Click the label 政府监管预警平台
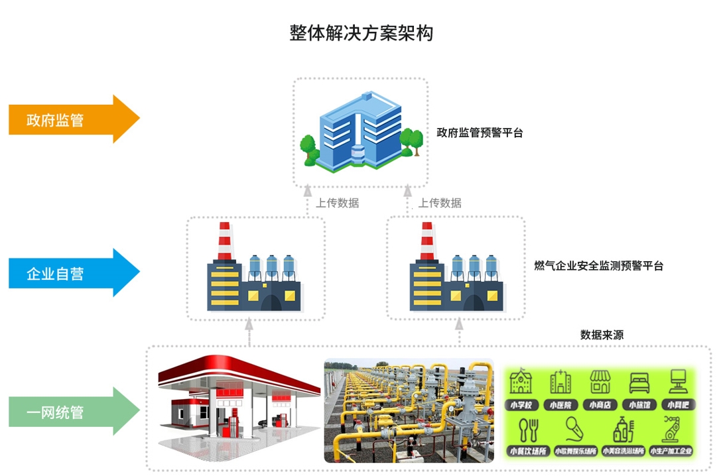click(x=480, y=133)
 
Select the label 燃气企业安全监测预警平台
click(x=598, y=267)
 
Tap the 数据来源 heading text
click(x=602, y=335)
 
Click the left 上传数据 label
click(x=337, y=203)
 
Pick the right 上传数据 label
click(x=440, y=203)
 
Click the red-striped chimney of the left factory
click(x=224, y=241)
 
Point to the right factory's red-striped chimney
click(x=427, y=241)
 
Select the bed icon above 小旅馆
click(x=639, y=383)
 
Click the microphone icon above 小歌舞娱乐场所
click(x=574, y=429)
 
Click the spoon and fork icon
click(x=528, y=429)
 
